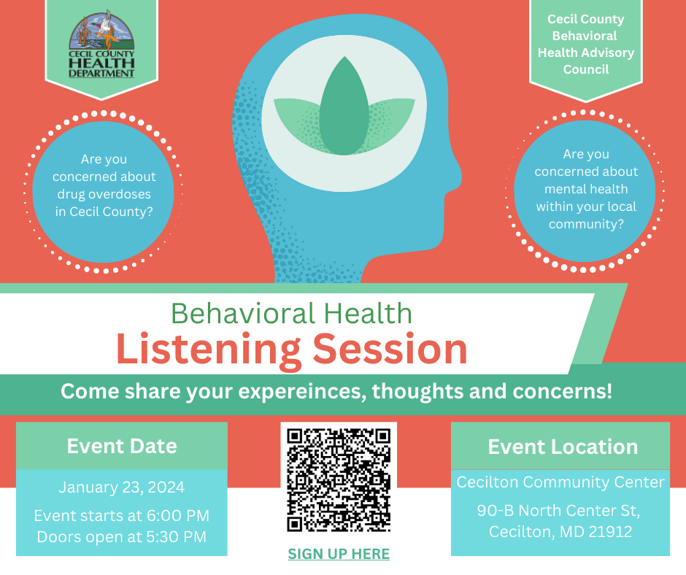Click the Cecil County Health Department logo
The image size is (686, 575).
pos(101,45)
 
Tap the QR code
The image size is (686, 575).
pos(339,480)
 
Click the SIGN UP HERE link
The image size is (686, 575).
pos(339,554)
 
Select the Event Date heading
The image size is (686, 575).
pos(122,446)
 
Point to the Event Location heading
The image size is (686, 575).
pos(563,447)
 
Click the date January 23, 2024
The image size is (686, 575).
pos(122,487)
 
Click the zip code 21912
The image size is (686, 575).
pos(610,532)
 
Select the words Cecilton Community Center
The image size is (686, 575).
pos(560,482)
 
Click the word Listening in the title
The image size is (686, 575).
pos(209,350)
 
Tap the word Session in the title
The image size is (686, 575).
pos(390,350)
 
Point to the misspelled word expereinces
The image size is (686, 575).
pos(302,391)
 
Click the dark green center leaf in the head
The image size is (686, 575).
pos(344,107)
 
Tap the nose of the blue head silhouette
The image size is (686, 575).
pos(458,176)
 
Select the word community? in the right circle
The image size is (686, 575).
pos(586,224)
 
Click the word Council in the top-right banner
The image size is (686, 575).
pos(586,69)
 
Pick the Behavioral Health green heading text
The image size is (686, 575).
pos(291,313)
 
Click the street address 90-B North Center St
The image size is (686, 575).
pos(558,510)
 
